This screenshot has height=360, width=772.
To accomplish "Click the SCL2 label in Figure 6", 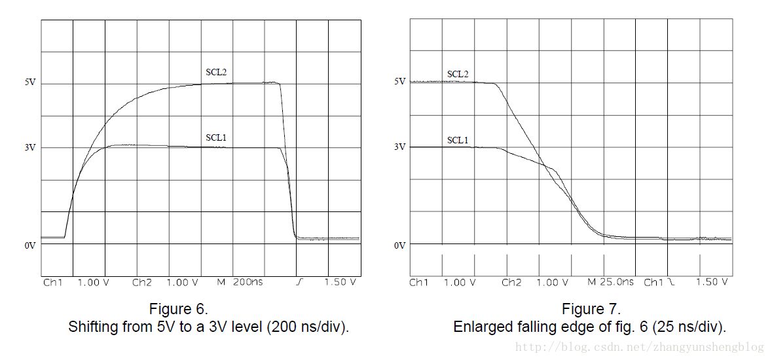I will coord(216,71).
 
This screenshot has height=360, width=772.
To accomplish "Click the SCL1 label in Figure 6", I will coord(216,137).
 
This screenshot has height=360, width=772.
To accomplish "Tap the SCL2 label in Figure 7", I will coord(458,74).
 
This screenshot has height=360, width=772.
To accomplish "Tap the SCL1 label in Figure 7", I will coord(458,140).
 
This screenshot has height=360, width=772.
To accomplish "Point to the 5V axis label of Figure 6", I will coord(30,83).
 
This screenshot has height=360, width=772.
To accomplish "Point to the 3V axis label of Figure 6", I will coord(30,148).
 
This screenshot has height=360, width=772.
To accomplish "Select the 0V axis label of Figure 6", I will coord(30,245).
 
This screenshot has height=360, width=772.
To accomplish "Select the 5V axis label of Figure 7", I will coord(400,81).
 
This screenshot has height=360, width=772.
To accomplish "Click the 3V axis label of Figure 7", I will coord(400,147).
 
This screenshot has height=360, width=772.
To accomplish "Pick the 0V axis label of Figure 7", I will coord(400,245).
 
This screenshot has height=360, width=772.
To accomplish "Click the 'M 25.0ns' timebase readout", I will coord(610,282).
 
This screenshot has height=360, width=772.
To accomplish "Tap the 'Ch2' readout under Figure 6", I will coord(142,283).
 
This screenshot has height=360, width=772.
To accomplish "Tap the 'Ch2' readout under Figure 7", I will coord(511,282).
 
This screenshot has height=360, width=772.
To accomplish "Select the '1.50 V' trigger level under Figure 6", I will coord(340,283).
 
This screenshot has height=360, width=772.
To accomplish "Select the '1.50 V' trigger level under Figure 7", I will coord(711,282).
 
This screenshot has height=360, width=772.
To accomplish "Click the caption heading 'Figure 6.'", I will coord(179,309).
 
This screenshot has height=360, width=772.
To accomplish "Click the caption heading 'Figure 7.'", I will coord(591,309).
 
